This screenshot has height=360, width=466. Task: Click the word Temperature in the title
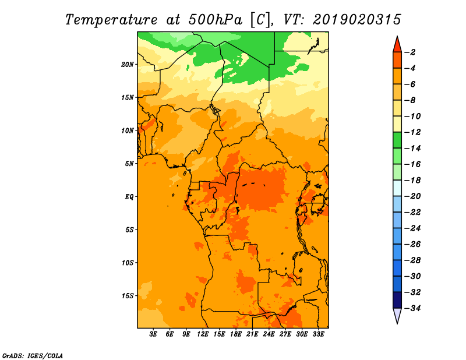click(x=111, y=20)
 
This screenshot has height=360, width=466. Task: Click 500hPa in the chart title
click(x=215, y=19)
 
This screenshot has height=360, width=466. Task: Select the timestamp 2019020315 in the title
click(x=357, y=19)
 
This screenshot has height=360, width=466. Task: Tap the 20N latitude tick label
click(x=128, y=65)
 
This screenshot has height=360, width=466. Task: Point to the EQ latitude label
click(x=129, y=197)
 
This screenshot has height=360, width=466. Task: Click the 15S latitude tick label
click(x=128, y=296)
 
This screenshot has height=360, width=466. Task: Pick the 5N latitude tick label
click(x=129, y=164)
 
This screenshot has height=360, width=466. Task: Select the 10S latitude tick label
click(x=128, y=263)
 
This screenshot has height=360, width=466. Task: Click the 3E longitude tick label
click(x=153, y=334)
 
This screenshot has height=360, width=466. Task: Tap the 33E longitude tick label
click(x=318, y=334)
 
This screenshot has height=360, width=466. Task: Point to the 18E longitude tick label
click(x=236, y=334)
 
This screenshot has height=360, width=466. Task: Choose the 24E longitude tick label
click(x=269, y=334)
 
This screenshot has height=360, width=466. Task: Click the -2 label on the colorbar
click(x=410, y=52)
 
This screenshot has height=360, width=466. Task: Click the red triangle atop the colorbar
click(x=397, y=44)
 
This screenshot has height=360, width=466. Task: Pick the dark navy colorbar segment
click(x=397, y=300)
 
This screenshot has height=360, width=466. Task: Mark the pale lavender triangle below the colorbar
click(x=397, y=316)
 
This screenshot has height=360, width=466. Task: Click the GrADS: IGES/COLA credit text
click(x=33, y=355)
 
